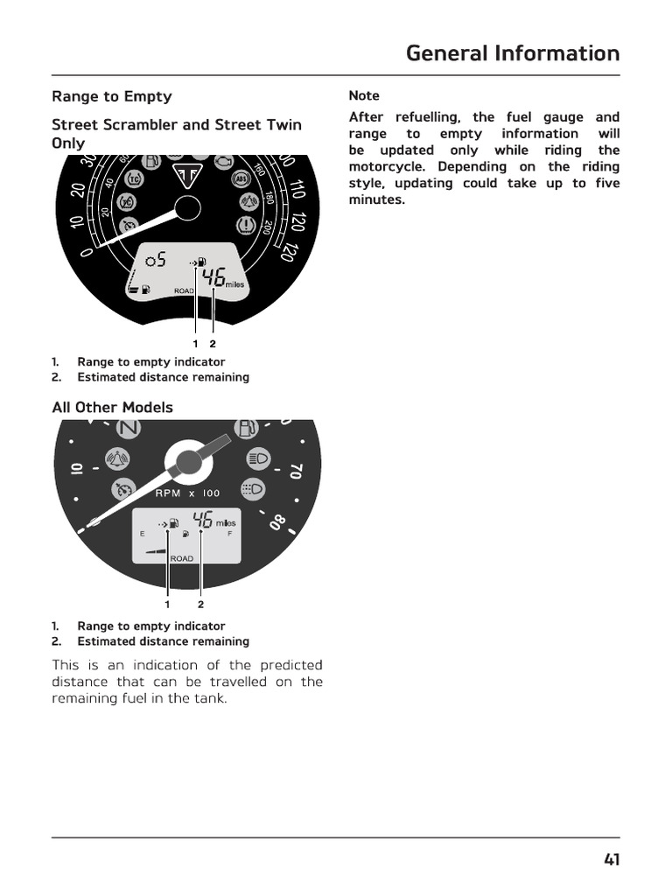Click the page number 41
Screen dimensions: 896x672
click(611, 859)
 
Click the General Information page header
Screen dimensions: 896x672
click(512, 53)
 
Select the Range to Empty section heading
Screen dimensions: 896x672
click(111, 96)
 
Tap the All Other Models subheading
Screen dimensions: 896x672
click(112, 407)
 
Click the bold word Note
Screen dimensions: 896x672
click(364, 95)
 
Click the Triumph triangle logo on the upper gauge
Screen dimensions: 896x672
click(186, 173)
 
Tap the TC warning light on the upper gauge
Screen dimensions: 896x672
click(135, 178)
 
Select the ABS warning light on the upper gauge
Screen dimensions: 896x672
click(240, 178)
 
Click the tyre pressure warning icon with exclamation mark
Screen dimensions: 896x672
click(248, 226)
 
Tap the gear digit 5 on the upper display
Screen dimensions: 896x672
click(161, 259)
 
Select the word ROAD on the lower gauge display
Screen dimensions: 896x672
click(182, 558)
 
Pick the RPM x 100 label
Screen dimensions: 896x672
click(187, 493)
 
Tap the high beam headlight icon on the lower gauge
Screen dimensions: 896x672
click(257, 457)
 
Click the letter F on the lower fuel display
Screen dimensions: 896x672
click(230, 533)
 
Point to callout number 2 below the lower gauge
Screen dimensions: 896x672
click(200, 604)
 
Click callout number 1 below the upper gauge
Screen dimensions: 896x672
click(195, 343)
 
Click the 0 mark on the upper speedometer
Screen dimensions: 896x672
click(86, 252)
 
